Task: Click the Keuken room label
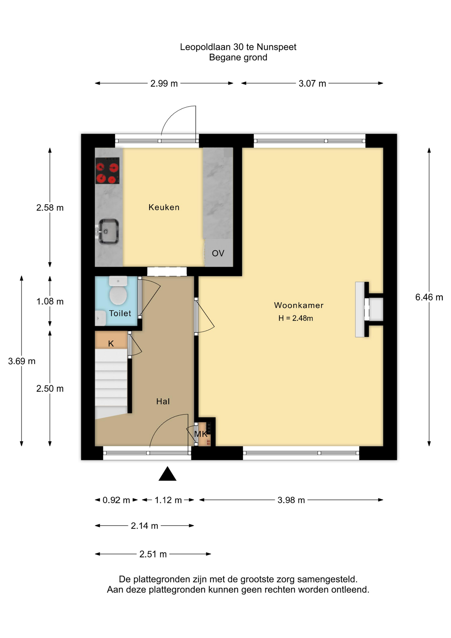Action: click(x=164, y=207)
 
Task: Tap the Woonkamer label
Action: click(x=299, y=305)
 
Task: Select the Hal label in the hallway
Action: click(x=163, y=401)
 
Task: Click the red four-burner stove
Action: click(x=108, y=170)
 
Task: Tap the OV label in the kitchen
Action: click(x=218, y=254)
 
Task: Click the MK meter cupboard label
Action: click(x=201, y=434)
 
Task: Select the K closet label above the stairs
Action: click(x=111, y=344)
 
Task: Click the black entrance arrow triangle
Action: click(x=167, y=474)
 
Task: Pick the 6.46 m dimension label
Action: click(x=429, y=297)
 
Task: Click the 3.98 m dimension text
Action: click(x=291, y=500)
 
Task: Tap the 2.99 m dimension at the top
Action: click(x=164, y=83)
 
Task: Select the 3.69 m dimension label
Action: click(x=22, y=361)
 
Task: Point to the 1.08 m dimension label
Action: click(x=50, y=301)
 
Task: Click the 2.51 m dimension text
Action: click(x=153, y=554)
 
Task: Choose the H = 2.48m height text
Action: click(x=296, y=318)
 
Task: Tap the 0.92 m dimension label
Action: click(x=116, y=500)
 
